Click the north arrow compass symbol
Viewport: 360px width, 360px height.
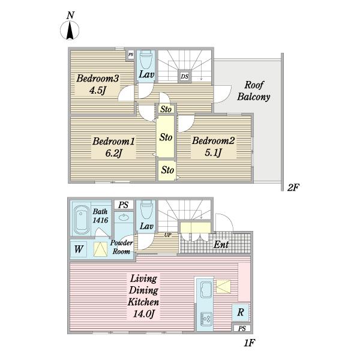70,31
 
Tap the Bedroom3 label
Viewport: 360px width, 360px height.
98,78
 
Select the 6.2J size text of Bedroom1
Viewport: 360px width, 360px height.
113,153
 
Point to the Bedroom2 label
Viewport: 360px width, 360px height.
213,140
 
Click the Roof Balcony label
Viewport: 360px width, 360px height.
254,91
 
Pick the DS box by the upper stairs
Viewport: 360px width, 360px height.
185,76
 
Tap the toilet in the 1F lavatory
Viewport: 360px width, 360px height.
146,209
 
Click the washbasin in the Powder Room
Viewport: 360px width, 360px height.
124,217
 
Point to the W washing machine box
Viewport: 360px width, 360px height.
79,249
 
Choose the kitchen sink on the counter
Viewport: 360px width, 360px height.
206,289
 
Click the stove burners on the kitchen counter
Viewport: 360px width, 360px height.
206,319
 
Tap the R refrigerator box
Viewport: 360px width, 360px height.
241,312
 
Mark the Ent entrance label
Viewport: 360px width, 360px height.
221,245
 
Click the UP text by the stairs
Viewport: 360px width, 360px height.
168,235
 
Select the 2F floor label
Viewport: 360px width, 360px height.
293,188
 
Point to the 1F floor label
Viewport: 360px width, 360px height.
250,343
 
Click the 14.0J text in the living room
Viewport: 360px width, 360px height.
143,314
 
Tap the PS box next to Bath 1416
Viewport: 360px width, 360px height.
124,205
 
